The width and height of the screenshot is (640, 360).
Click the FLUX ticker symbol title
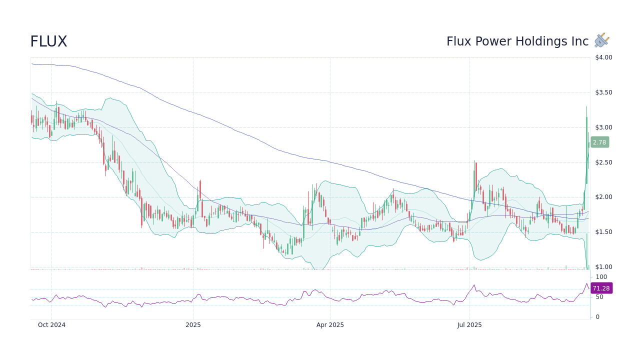pyautogui.click(x=48, y=41)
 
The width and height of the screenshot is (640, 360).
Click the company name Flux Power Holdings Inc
pyautogui.click(x=517, y=41)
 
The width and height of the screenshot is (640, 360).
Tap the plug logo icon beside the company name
pyautogui.click(x=602, y=40)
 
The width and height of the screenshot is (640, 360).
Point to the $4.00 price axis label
pyautogui.click(x=603, y=57)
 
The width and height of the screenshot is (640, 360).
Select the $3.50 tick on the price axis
pyautogui.click(x=603, y=92)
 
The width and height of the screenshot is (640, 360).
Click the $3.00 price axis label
pyautogui.click(x=603, y=127)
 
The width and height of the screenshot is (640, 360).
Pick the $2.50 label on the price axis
pyautogui.click(x=603, y=162)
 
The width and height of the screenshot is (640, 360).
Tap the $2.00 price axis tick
pyautogui.click(x=603, y=197)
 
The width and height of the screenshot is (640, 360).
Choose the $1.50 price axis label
pyautogui.click(x=603, y=232)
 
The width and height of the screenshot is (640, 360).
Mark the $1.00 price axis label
pyautogui.click(x=603, y=267)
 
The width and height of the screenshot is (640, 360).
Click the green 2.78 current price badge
pyautogui.click(x=599, y=142)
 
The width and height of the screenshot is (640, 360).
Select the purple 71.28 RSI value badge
pyautogui.click(x=601, y=288)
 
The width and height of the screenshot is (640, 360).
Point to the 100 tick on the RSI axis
pyautogui.click(x=601, y=277)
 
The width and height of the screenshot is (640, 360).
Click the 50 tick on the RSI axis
pyautogui.click(x=599, y=297)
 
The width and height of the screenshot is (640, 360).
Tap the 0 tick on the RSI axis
pyautogui.click(x=597, y=317)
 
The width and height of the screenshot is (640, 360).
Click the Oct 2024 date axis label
pyautogui.click(x=51, y=325)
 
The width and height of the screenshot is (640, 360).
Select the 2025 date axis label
pyautogui.click(x=193, y=325)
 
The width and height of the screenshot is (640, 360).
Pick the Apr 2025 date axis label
pyautogui.click(x=330, y=325)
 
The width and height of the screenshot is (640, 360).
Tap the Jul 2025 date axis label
pyautogui.click(x=469, y=325)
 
